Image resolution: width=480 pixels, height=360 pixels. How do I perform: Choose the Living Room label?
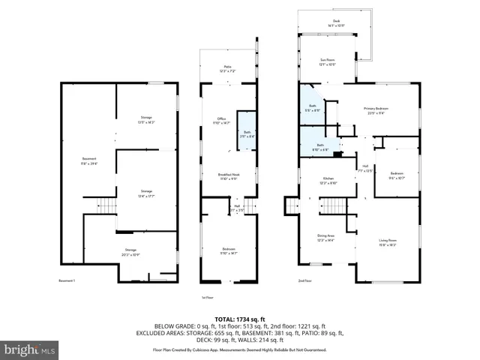click(388, 242)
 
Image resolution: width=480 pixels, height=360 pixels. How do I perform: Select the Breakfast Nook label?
click(228, 177)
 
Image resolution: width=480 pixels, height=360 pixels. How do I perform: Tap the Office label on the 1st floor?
click(221, 121)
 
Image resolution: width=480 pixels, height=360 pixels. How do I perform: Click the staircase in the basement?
click(109, 206)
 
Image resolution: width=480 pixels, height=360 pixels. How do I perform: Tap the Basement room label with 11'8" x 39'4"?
click(89, 160)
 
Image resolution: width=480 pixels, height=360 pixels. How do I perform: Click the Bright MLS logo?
click(29, 349)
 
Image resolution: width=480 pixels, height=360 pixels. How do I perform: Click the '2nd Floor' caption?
click(304, 280)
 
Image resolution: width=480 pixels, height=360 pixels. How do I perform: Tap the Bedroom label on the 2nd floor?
click(397, 176)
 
